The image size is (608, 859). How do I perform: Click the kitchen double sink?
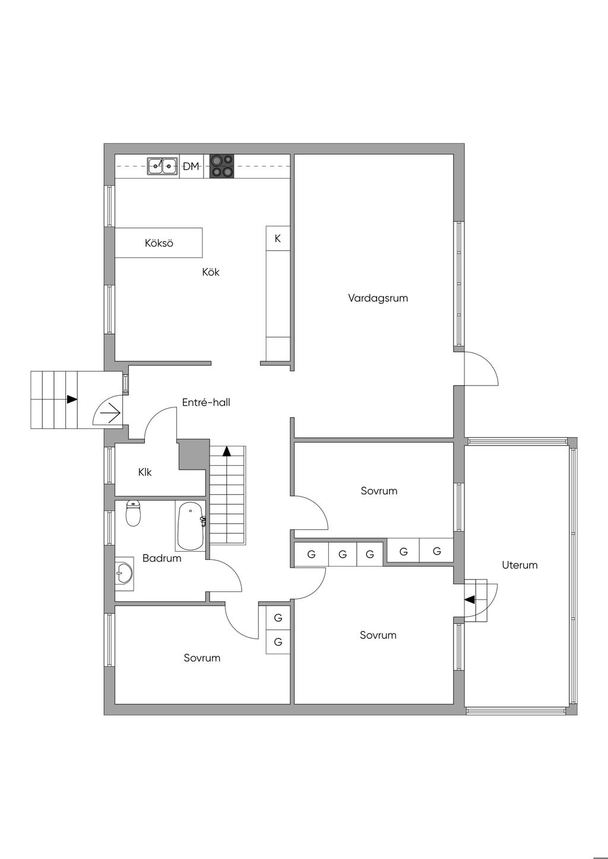(163, 166)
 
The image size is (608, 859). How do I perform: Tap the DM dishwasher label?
(191, 167)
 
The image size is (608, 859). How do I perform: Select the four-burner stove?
(222, 166)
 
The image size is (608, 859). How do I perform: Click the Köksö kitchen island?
(159, 243)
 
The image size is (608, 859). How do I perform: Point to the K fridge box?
(277, 238)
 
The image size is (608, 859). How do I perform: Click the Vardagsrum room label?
(378, 298)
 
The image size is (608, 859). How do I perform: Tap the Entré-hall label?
(206, 402)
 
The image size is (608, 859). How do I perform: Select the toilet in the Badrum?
(134, 513)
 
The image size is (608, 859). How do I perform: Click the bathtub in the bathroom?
(191, 526)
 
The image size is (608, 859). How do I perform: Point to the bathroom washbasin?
(124, 574)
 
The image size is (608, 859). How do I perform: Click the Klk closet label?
(145, 472)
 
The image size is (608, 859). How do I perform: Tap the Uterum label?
(520, 565)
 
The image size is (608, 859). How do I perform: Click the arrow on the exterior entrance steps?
(72, 399)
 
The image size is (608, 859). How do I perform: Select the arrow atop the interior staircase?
(226, 451)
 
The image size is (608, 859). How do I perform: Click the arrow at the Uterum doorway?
(470, 600)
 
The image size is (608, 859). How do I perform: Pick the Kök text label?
(211, 272)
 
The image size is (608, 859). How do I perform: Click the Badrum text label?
(162, 558)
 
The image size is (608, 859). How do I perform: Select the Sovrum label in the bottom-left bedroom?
(202, 658)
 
